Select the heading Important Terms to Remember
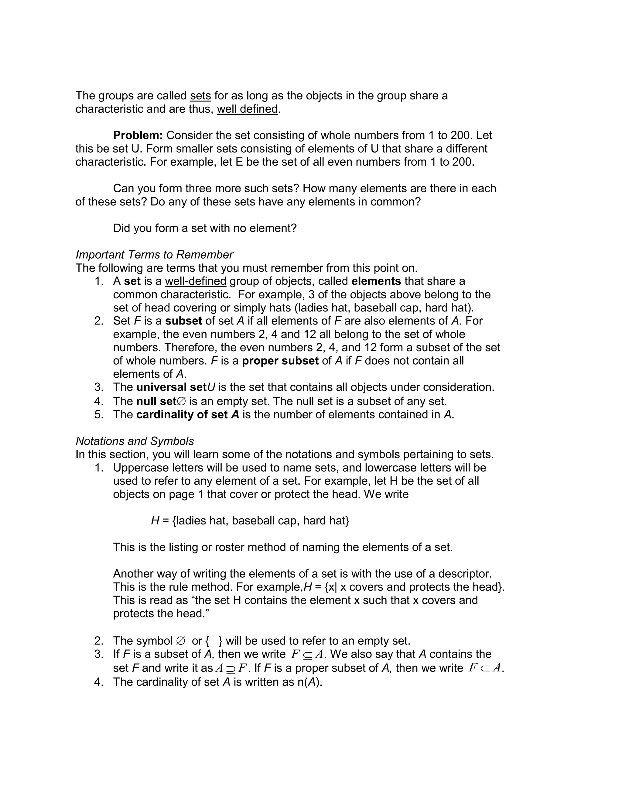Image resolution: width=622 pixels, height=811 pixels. [x=154, y=254]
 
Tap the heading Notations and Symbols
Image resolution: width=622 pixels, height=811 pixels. [x=135, y=441]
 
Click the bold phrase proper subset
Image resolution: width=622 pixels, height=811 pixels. [x=280, y=361]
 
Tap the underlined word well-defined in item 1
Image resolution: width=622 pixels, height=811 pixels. [x=196, y=281]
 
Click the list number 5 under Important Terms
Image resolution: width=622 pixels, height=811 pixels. [x=98, y=414]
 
